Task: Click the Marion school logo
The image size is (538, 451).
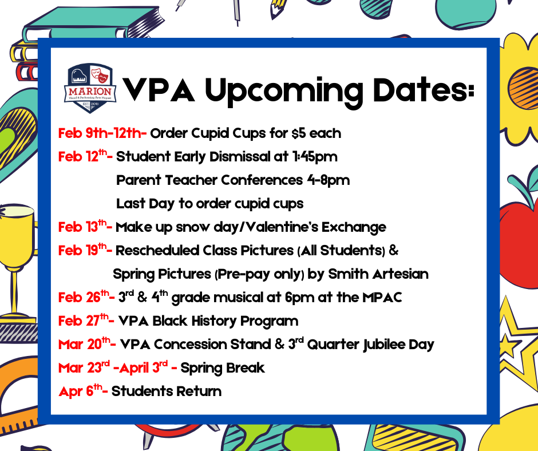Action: [x=91, y=88]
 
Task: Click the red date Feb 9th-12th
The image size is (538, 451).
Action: [x=102, y=134]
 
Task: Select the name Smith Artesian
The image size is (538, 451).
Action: [x=378, y=274]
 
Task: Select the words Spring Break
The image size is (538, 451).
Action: [x=223, y=368]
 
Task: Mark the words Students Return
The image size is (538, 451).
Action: [x=167, y=391]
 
